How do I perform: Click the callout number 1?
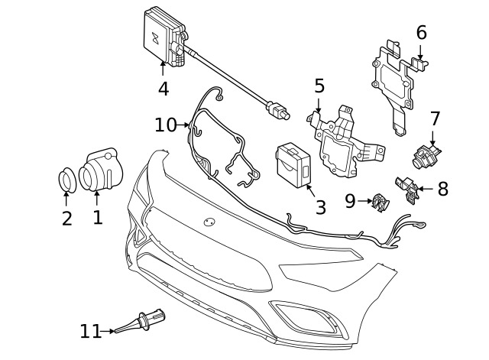[x=97, y=217]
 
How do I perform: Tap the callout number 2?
[x=67, y=219]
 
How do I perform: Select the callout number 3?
[x=321, y=206]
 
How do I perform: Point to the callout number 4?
[x=163, y=89]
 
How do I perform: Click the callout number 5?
[x=319, y=86]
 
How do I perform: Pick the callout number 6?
[x=421, y=33]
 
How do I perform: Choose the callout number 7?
[x=435, y=118]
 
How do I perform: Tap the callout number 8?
[x=442, y=189]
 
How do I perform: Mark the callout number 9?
[x=350, y=201]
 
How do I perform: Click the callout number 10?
[x=165, y=124]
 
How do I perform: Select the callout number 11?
[x=90, y=331]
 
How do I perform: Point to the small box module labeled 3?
[x=294, y=163]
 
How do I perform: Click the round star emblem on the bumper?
[x=209, y=222]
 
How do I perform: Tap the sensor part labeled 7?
[x=426, y=156]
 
